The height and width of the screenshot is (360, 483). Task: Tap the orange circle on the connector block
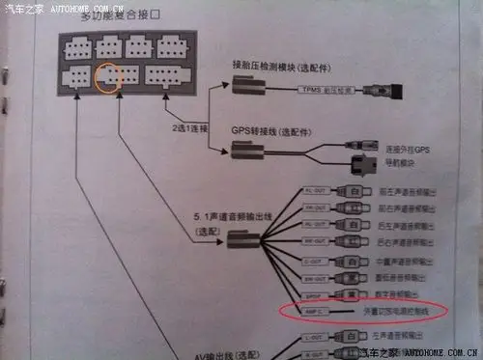point(109,75)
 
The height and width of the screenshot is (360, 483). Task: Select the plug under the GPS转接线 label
point(243,150)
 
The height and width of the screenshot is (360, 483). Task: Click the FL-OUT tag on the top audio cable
point(313,191)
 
